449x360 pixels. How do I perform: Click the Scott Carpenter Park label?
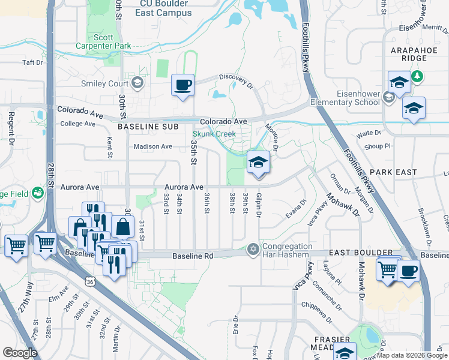(x=103, y=40)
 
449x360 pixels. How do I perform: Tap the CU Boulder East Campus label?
(x=165, y=8)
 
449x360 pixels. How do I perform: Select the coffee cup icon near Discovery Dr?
(x=182, y=85)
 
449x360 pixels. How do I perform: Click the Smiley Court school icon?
(x=137, y=83)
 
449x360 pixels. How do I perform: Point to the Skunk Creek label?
(x=214, y=134)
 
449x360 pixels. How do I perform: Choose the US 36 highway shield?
(x=90, y=281)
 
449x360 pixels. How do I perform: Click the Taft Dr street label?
(x=33, y=62)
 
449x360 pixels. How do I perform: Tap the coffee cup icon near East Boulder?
(x=409, y=271)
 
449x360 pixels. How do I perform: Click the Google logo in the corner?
(x=20, y=352)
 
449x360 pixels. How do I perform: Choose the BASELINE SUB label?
(x=148, y=127)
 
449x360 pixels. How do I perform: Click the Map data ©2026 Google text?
(x=412, y=355)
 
